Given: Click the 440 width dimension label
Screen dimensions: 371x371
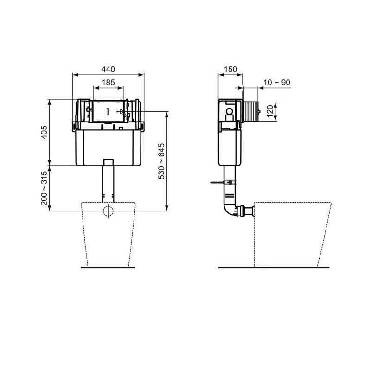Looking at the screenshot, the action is pyautogui.click(x=108, y=69).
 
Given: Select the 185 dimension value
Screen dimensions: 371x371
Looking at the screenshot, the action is pyautogui.click(x=109, y=83).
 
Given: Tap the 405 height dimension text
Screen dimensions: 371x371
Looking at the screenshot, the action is pyautogui.click(x=44, y=132).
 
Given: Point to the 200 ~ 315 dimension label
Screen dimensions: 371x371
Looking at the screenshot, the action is pyautogui.click(x=44, y=188).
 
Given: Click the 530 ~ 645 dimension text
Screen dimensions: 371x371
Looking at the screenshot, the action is pyautogui.click(x=161, y=161).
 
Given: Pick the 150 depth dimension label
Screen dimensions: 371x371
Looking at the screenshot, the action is pyautogui.click(x=230, y=69).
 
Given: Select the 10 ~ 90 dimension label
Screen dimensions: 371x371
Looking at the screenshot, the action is pyautogui.click(x=277, y=83).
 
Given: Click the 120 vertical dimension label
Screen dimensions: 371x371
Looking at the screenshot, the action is pyautogui.click(x=270, y=111).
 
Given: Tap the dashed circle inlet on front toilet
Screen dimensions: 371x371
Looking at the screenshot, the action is pyautogui.click(x=108, y=211).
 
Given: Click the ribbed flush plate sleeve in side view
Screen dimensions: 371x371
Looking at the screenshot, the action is pyautogui.click(x=250, y=111).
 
